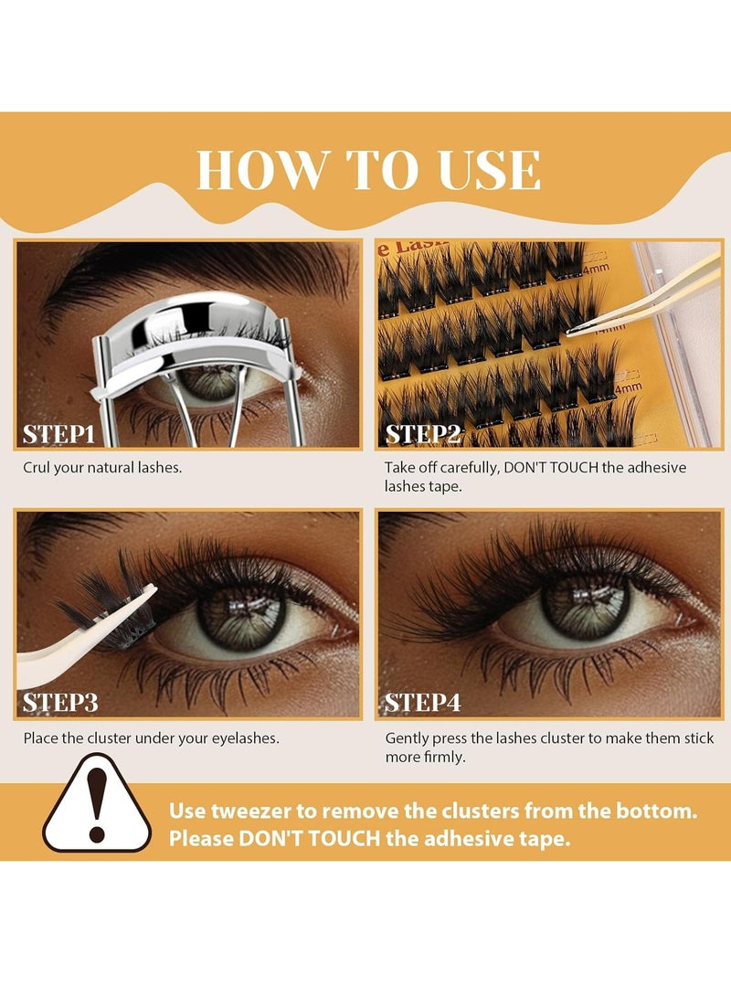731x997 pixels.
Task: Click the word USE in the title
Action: (490, 170)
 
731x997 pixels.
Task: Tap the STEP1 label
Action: (58, 434)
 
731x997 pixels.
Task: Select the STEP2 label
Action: (423, 434)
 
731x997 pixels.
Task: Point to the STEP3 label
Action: (60, 703)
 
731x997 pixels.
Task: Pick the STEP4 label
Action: (423, 703)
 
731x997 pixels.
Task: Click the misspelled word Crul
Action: (37, 468)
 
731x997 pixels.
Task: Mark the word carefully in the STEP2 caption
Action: (469, 469)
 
